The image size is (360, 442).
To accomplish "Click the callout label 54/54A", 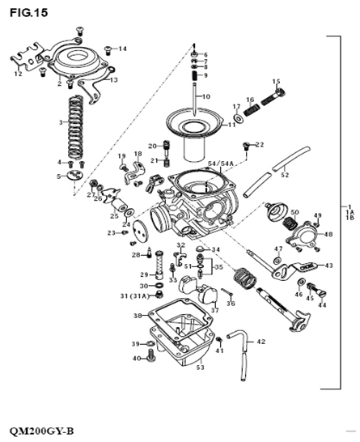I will (220, 164).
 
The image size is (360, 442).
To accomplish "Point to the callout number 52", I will (283, 173).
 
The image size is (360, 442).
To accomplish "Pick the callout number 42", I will (260, 342).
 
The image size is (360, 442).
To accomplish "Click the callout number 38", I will (138, 315).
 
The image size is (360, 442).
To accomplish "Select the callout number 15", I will (276, 81).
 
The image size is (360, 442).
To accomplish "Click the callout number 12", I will (19, 74).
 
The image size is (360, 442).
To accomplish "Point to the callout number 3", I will (61, 123).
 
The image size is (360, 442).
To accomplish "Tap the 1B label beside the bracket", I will (349, 218).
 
